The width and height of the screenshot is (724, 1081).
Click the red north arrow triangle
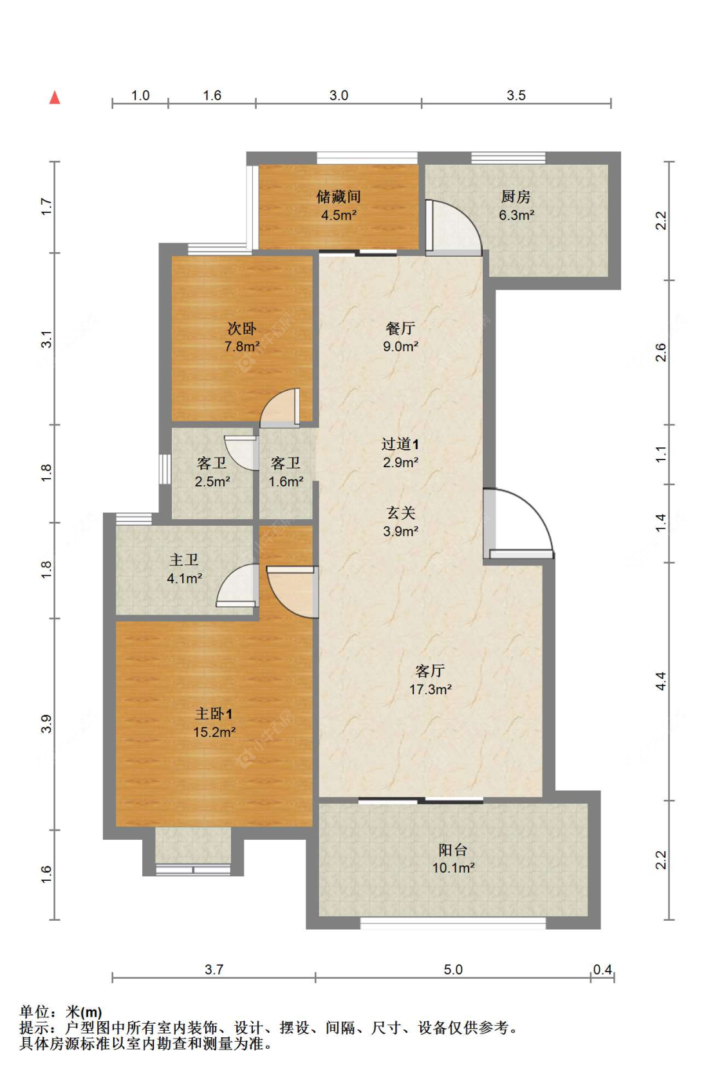(x=55, y=98)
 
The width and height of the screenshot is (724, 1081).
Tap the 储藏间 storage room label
(x=339, y=196)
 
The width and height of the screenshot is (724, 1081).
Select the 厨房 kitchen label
(x=516, y=196)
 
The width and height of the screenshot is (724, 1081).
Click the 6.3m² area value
(x=516, y=215)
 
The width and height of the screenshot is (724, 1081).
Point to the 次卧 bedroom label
(x=242, y=329)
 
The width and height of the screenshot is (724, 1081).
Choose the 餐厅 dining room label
(x=400, y=328)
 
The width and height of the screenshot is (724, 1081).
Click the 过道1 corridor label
(x=400, y=444)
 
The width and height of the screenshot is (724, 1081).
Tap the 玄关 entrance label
(x=400, y=512)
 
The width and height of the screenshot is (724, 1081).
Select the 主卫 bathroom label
(x=184, y=560)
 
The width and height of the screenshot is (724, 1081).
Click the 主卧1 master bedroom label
(x=214, y=714)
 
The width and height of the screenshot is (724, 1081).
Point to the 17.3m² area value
(x=431, y=690)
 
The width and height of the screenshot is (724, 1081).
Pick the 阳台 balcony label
(x=453, y=850)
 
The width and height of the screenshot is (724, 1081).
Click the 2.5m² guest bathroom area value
(x=212, y=481)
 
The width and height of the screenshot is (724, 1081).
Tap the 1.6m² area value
(x=286, y=481)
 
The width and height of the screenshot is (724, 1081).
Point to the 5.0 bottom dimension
(x=453, y=970)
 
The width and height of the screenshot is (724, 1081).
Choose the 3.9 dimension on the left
(x=46, y=723)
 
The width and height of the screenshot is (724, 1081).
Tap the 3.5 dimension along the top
(x=516, y=95)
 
